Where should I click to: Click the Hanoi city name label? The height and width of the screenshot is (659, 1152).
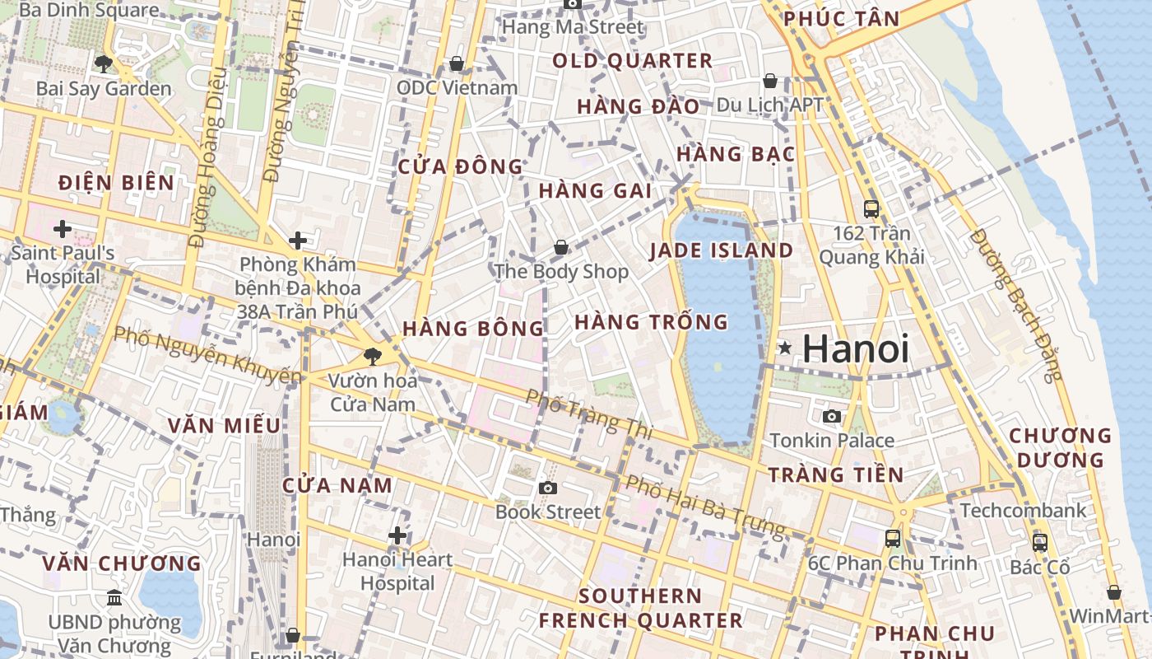[x=856, y=348]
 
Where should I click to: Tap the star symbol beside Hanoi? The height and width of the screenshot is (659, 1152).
[x=786, y=348]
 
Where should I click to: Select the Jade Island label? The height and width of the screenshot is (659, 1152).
[x=722, y=250]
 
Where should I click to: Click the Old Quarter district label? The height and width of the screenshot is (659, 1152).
[x=632, y=60]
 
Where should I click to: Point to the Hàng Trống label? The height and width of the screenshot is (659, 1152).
[x=651, y=322]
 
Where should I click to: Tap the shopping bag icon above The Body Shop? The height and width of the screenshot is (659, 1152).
[x=561, y=247]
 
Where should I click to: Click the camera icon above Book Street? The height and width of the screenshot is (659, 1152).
[x=548, y=488]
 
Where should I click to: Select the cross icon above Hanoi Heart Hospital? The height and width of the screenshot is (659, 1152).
[x=397, y=536]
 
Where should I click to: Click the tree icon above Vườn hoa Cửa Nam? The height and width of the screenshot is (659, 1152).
[x=373, y=357]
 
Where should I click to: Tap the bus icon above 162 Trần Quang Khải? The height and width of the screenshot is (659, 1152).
[x=871, y=209]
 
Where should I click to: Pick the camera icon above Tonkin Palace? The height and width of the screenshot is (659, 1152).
[x=832, y=416]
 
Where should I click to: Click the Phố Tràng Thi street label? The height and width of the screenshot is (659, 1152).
[x=589, y=413]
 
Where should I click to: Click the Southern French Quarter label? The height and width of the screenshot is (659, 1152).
[x=640, y=608]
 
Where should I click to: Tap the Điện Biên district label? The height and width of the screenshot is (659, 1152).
[x=116, y=183]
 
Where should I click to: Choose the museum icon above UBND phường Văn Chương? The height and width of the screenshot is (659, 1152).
[x=114, y=597]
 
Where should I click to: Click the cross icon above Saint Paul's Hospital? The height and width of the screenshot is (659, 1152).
[x=63, y=228]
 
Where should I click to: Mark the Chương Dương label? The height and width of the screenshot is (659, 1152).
[x=1060, y=447]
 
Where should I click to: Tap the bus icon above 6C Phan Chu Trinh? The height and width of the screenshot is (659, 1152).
[x=893, y=539]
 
